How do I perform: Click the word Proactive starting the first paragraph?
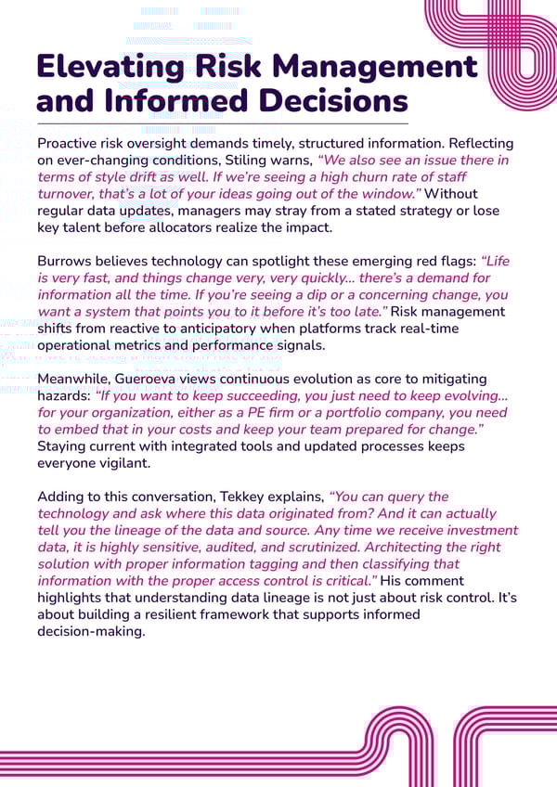point(71,144)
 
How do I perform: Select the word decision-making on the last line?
point(92,631)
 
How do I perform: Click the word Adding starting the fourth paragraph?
point(59,496)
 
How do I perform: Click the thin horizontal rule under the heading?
point(222,123)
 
